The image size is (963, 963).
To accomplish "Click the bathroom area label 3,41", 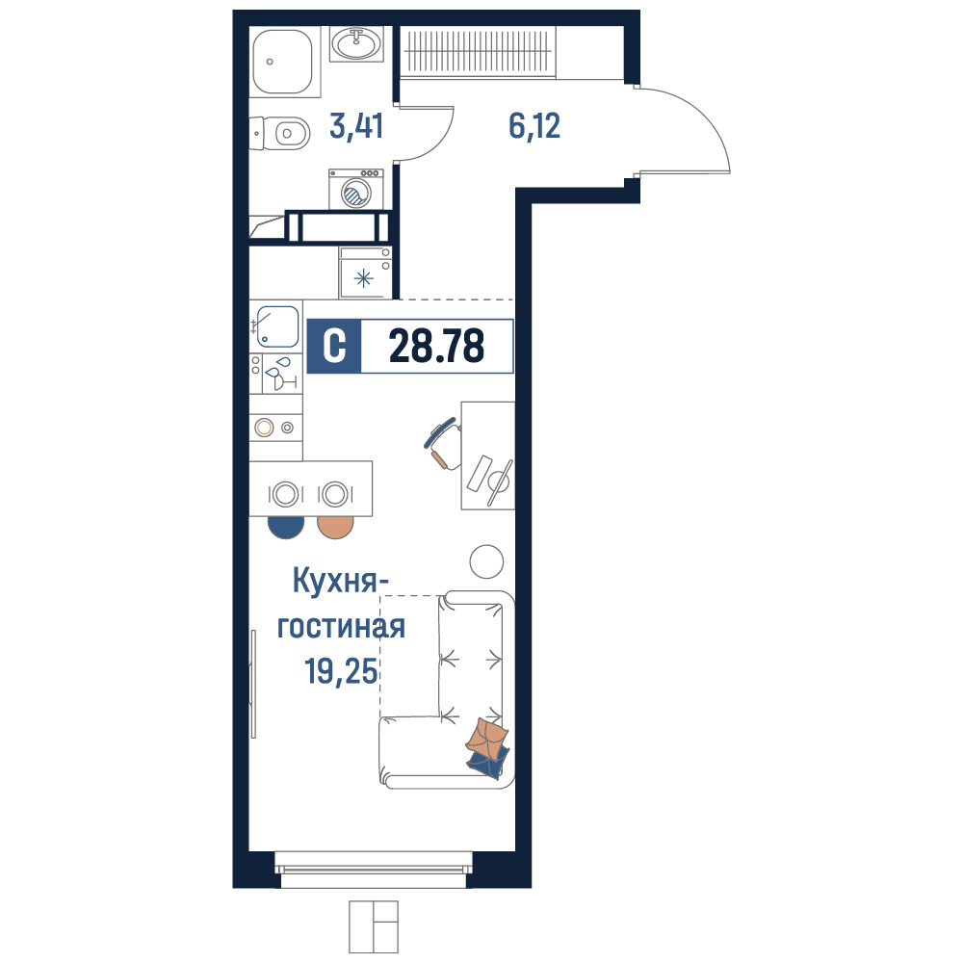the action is point(356,126).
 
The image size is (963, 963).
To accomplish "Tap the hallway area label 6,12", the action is point(534,126).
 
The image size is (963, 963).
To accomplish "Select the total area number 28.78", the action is point(436,346).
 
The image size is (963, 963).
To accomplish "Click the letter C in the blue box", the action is point(334,346).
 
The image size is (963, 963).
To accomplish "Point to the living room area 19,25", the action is point(342,670).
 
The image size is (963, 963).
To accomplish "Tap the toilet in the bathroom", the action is point(280,133).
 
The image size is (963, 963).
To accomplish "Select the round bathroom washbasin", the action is point(356,43).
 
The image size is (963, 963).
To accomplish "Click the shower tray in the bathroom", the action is point(284,62).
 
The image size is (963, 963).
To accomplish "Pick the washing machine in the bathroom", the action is point(356,189).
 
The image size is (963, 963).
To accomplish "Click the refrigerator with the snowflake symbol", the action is point(365,273).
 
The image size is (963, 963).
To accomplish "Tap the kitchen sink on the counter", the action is point(277,326).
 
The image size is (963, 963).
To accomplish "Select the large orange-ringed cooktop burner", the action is point(264,428).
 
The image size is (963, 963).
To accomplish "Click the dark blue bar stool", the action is point(286,527).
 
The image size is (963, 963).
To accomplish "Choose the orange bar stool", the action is point(335,527).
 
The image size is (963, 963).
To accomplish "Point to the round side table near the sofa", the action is point(486,561).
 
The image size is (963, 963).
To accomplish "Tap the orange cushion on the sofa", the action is point(487,737).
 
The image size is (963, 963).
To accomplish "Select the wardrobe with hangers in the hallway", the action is point(478,52).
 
